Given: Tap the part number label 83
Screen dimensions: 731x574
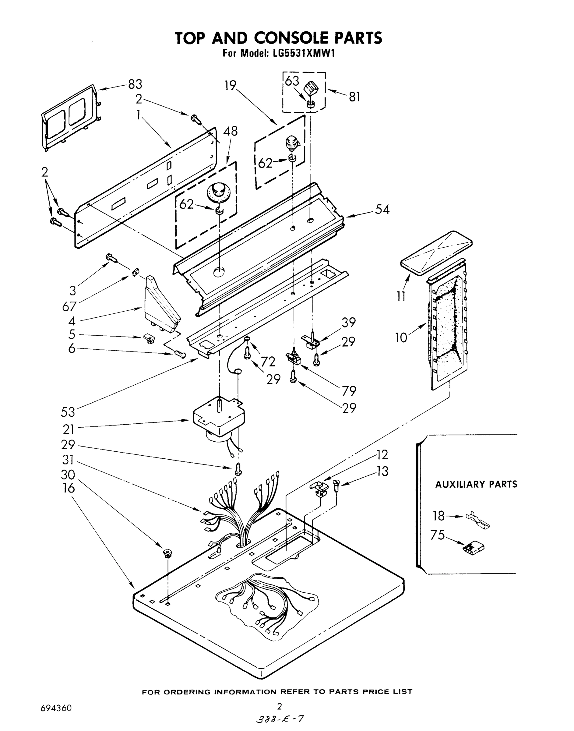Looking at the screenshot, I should click(135, 84).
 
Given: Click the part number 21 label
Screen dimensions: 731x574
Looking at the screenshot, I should click(68, 429).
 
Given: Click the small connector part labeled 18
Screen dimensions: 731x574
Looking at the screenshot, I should click(477, 520).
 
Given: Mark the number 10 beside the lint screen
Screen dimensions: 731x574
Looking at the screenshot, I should click(401, 338).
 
